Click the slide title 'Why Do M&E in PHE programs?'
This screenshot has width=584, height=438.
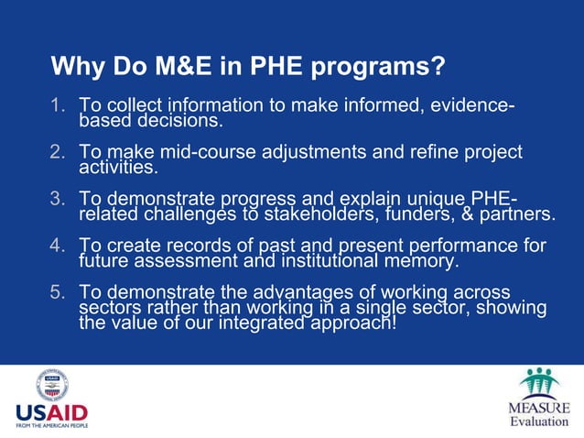pos(248,67)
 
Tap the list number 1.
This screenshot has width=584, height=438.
pos(57,105)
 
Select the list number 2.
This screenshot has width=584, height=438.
pos(57,152)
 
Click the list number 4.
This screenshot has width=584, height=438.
pos(57,246)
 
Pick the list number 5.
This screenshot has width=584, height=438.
pos(57,292)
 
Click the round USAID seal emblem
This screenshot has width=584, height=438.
pos(51,385)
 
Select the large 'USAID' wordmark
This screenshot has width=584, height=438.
pos(51,413)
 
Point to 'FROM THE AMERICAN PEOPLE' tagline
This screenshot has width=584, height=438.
pos(51,426)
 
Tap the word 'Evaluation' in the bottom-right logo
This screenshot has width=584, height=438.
pos(538,422)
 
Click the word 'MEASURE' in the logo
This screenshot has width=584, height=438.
pos(538,407)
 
